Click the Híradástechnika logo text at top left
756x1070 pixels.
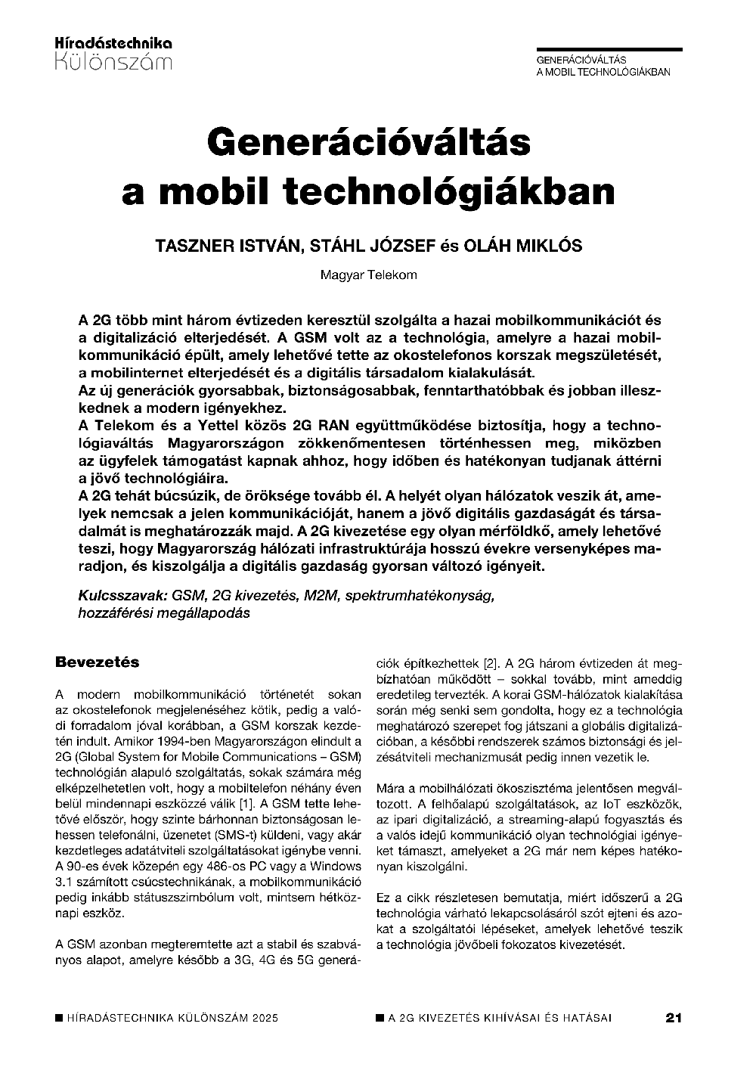click(114, 43)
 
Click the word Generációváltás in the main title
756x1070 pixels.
click(369, 143)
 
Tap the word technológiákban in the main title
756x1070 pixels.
click(448, 191)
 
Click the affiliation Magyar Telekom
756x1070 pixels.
click(369, 275)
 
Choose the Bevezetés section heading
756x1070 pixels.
click(98, 662)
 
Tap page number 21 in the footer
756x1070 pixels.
click(674, 1018)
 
